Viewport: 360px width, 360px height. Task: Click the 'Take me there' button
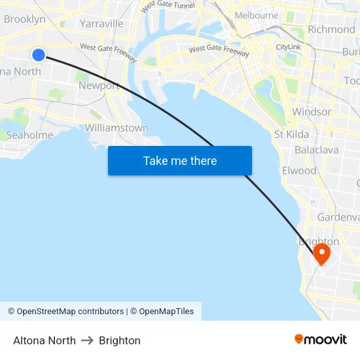click(x=180, y=161)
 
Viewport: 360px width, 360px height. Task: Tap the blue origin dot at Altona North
click(x=39, y=55)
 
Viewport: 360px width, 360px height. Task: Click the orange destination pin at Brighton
click(x=321, y=253)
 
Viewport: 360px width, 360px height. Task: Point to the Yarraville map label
click(x=101, y=24)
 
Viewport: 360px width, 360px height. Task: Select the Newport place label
click(x=99, y=85)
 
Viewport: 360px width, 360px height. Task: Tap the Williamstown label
click(x=117, y=128)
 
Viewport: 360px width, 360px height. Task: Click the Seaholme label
click(x=29, y=135)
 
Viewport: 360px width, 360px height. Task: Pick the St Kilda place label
click(x=291, y=135)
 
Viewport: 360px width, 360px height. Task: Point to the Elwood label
click(x=298, y=171)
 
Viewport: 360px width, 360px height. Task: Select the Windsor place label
click(x=311, y=112)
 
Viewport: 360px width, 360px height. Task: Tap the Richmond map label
click(x=331, y=29)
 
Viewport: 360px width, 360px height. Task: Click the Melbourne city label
click(x=256, y=15)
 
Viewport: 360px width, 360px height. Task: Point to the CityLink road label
click(x=288, y=47)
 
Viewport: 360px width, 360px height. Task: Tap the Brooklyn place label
click(x=24, y=19)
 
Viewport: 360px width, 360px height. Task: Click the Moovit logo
click(x=321, y=339)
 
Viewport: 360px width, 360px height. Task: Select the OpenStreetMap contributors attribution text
click(x=65, y=312)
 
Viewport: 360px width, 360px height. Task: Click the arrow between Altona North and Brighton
click(x=87, y=340)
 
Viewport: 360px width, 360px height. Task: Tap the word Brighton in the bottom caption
click(x=120, y=340)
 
